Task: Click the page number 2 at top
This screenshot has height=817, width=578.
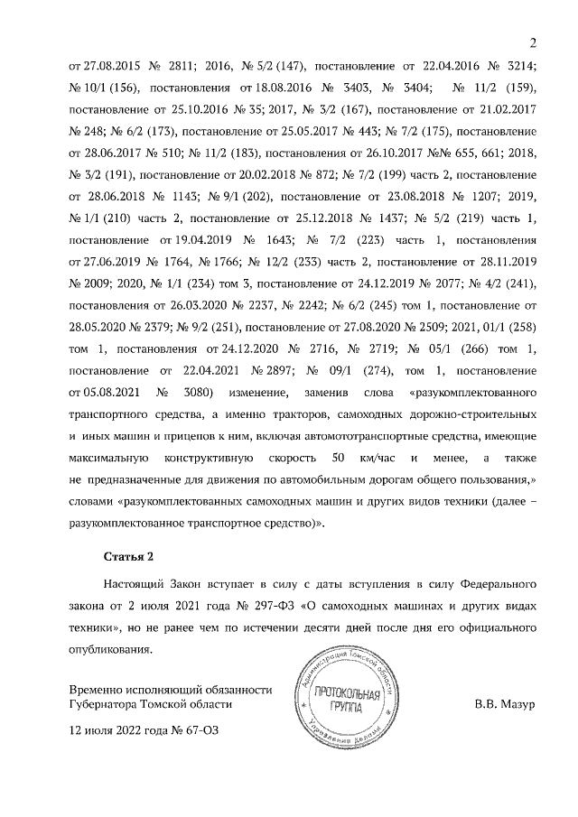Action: click(x=533, y=43)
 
